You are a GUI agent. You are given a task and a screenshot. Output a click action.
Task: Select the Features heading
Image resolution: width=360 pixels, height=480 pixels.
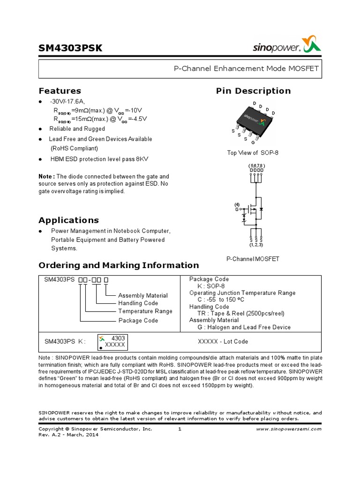click(60, 91)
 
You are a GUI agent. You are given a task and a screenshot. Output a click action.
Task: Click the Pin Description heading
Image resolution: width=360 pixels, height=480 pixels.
click(253, 91)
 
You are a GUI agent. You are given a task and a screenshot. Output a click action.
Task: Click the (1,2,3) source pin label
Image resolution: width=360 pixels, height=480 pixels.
click(256, 245)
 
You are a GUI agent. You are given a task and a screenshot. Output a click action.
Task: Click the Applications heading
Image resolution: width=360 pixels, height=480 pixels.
click(68, 220)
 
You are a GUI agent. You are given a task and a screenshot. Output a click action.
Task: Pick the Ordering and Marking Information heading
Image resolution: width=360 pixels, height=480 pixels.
click(119, 265)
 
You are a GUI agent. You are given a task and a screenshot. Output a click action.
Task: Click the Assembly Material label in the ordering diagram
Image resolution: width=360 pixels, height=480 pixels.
click(142, 296)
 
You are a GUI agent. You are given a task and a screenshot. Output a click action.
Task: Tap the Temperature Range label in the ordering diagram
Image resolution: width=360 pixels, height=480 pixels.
click(145, 311)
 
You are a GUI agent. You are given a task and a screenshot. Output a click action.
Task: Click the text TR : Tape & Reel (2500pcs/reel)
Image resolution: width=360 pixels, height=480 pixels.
click(244, 314)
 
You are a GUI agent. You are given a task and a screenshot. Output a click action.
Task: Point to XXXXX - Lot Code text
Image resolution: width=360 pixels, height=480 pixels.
click(224, 342)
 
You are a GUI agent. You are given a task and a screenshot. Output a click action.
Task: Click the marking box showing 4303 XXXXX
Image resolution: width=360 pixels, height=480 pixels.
click(112, 342)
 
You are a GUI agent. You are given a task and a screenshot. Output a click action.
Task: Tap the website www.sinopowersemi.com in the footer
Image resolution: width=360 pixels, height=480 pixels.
click(289, 429)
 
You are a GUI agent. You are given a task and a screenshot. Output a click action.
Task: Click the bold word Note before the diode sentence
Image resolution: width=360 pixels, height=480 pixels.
click(46, 176)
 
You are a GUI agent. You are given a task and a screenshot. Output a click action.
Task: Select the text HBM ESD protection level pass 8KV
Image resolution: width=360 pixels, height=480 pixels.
click(99, 159)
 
